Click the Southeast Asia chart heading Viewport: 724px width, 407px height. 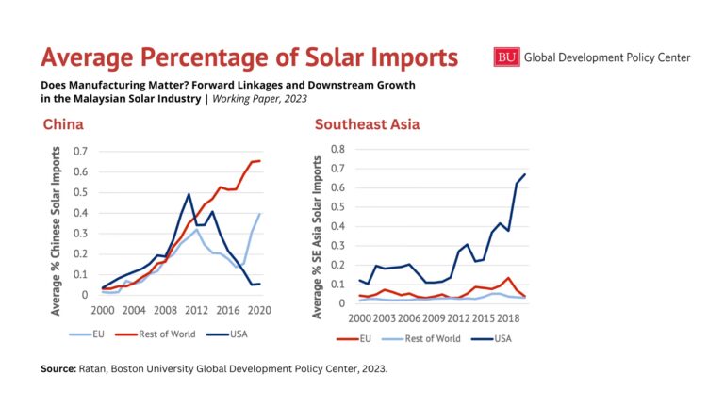coord(367,124)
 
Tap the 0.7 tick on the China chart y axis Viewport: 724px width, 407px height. coord(79,152)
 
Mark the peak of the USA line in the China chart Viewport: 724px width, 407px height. coord(189,195)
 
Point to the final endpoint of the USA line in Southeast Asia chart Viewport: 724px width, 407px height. coord(525,174)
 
